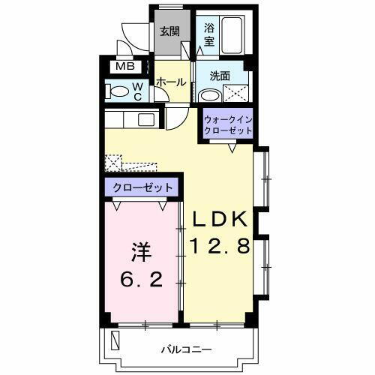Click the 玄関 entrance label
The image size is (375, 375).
[169, 31]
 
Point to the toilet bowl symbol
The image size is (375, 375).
[118, 91]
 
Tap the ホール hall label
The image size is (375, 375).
[171, 82]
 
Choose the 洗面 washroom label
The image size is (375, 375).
[219, 76]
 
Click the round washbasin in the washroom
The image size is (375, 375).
[209, 95]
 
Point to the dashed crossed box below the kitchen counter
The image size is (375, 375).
[113, 161]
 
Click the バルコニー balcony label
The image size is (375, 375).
[186, 349]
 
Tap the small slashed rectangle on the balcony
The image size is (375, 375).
[115, 340]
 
